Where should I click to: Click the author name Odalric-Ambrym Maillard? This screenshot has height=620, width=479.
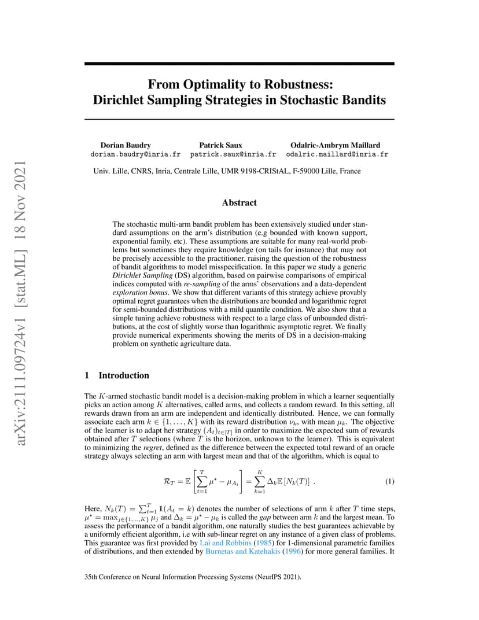coord(336,145)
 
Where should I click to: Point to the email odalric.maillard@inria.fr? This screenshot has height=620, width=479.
coord(337,154)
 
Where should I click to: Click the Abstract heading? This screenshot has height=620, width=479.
coord(239,202)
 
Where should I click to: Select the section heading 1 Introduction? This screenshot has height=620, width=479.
coord(117,375)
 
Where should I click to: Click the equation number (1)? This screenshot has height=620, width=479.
coord(389,482)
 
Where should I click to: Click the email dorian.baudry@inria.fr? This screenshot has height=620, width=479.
coord(135,154)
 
